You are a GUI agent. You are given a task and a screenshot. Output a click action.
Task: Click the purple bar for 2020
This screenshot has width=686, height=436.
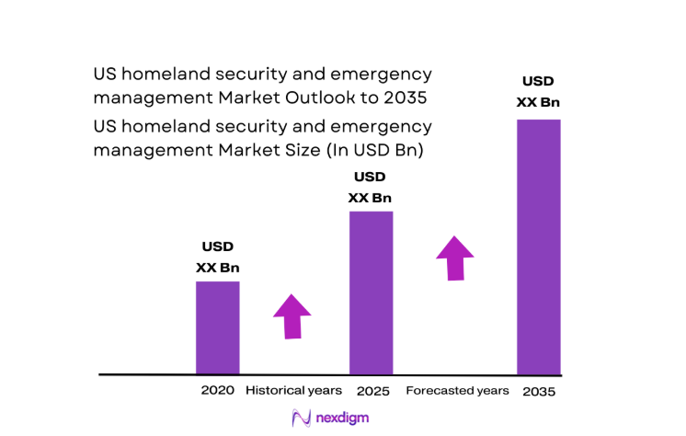click(x=217, y=327)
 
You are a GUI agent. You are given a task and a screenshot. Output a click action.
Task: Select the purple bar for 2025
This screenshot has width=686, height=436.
click(x=371, y=293)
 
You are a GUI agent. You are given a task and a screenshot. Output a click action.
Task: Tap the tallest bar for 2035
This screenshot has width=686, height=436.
click(x=538, y=247)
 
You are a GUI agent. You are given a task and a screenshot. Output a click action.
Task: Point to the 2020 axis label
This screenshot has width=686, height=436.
click(x=217, y=390)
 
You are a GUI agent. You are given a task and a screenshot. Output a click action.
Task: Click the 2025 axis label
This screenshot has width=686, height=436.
click(x=372, y=391)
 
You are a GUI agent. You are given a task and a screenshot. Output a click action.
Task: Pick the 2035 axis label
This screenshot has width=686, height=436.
click(x=538, y=391)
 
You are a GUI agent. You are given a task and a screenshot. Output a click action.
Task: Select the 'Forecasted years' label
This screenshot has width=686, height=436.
click(x=457, y=390)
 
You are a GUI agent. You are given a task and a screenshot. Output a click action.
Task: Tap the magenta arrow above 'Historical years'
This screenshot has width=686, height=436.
click(x=292, y=316)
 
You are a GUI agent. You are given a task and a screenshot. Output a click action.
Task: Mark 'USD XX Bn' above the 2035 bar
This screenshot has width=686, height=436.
click(x=538, y=91)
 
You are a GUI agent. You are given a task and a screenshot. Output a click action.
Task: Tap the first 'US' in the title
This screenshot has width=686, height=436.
click(x=104, y=74)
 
